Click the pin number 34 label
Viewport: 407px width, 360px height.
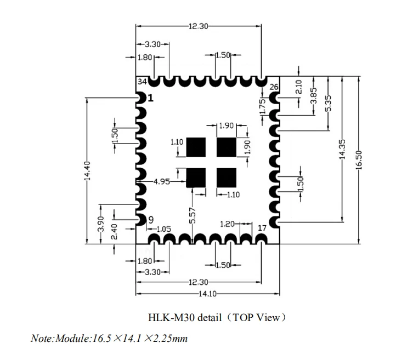coord(142,82)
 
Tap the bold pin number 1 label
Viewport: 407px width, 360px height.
coord(150,98)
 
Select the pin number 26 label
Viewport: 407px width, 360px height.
coord(274,87)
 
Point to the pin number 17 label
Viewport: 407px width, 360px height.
coord(262,228)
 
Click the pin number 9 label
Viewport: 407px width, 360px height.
coord(151,220)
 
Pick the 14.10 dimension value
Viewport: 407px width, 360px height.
coord(208,294)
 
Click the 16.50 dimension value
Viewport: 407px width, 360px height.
coord(359,160)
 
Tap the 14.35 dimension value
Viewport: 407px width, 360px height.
coord(342,149)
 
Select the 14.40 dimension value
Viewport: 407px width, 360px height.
coord(87,170)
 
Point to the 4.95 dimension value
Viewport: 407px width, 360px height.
coord(162,181)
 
